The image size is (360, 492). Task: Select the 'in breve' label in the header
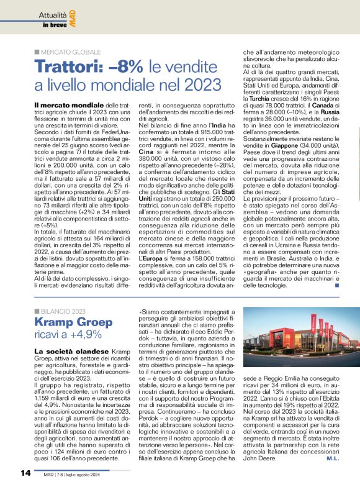pyautogui.click(x=55, y=25)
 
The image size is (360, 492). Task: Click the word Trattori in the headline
pyautogui.click(x=64, y=66)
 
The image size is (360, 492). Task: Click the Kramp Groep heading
pyautogui.click(x=73, y=323)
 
